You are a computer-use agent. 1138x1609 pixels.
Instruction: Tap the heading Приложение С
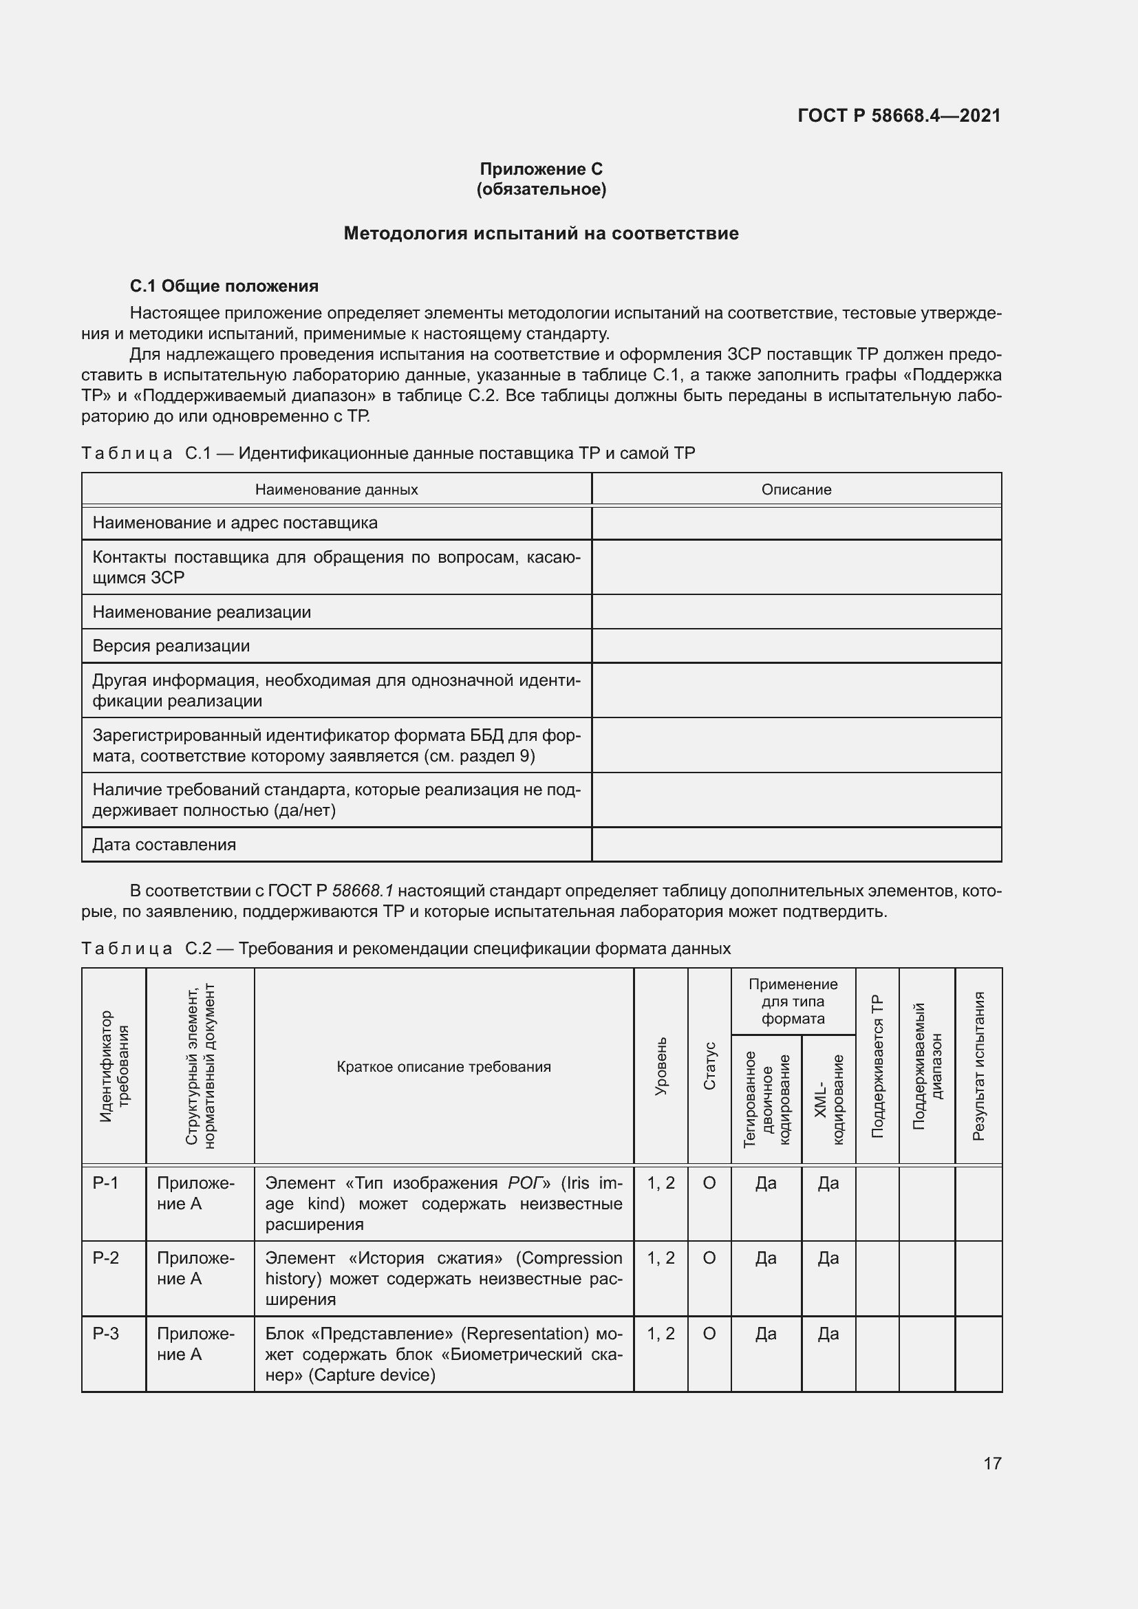point(540,169)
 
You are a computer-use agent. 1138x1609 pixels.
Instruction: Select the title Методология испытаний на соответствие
point(540,233)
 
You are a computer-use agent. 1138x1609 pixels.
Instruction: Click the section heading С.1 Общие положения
point(224,286)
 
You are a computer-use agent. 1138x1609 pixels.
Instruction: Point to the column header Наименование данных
point(336,490)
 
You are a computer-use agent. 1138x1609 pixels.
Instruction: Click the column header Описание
point(796,490)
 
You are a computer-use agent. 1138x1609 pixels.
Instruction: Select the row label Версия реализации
point(171,645)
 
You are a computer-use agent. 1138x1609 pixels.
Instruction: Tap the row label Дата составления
point(164,845)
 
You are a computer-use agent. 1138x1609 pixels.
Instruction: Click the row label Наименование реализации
point(202,612)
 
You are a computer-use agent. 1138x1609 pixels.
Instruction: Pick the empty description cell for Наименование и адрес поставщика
point(796,523)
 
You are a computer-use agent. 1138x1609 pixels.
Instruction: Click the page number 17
point(992,1463)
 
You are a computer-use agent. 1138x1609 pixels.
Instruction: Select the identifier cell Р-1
point(106,1184)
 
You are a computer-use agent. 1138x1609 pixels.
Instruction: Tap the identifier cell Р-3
point(106,1334)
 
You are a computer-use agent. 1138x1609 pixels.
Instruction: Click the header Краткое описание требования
point(444,1067)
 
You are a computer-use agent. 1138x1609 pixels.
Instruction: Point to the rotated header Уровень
point(661,1067)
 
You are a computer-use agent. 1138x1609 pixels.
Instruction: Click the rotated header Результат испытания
point(978,1067)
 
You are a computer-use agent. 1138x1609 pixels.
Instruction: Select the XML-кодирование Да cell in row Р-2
point(828,1258)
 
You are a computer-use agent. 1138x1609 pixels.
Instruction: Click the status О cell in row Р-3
point(709,1334)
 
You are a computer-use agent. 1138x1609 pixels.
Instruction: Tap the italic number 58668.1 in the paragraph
point(363,891)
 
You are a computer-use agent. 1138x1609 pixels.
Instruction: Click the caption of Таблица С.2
point(406,949)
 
